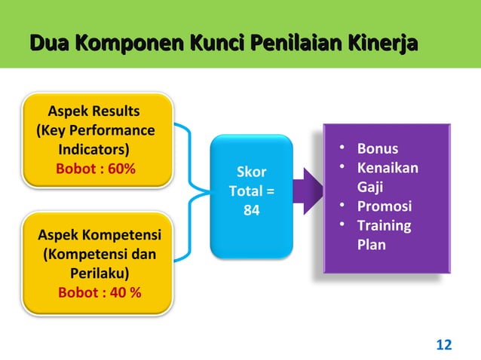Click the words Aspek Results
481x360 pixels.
point(94,112)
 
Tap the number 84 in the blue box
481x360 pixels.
point(251,212)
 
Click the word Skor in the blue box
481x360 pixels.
point(251,172)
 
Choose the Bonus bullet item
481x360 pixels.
point(377,148)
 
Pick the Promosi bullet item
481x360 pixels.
point(384,206)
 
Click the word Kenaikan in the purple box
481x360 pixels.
point(388,167)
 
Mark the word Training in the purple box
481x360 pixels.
point(384,226)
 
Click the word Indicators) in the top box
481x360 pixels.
point(94,148)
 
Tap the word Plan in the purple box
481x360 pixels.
point(371,245)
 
